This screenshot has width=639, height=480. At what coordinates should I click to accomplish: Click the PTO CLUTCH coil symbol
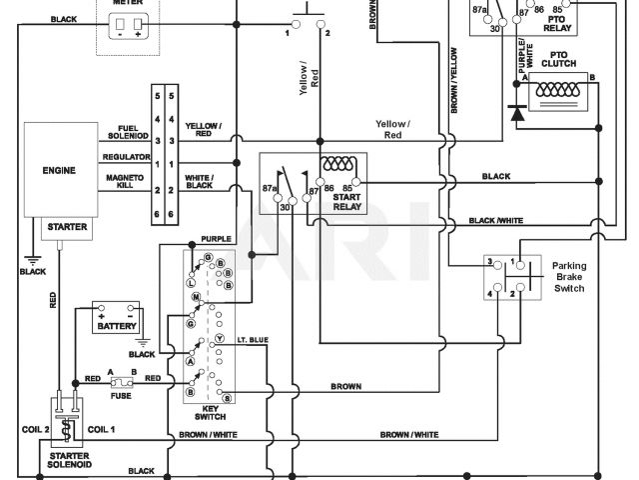point(558,91)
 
